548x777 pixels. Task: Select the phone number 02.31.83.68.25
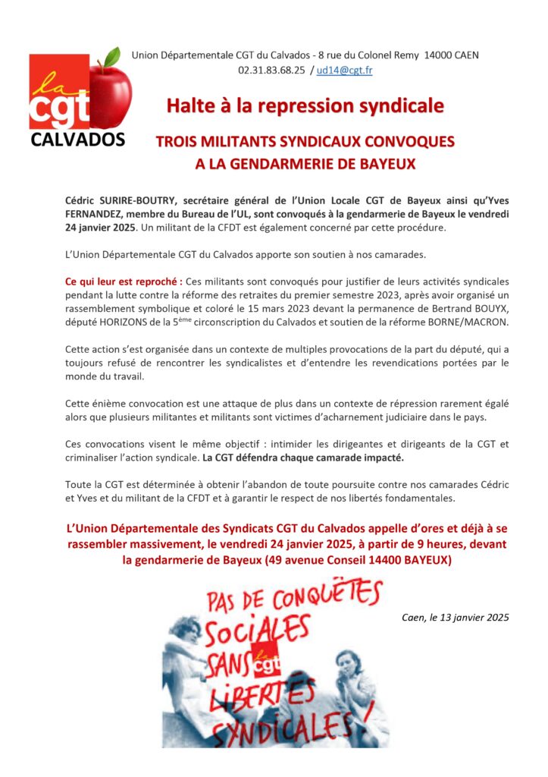coord(277,70)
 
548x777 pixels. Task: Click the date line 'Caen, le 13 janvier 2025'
coord(455,617)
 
